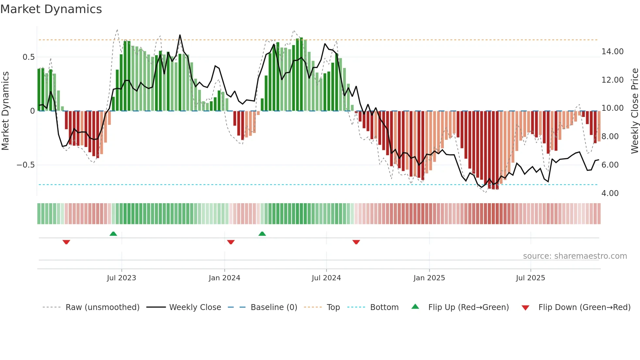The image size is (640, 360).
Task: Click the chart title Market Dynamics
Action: (x=51, y=9)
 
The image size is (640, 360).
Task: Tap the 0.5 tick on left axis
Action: (x=28, y=57)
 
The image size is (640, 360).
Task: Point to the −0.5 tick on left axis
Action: (x=25, y=165)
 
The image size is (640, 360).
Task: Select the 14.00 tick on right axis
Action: (x=612, y=52)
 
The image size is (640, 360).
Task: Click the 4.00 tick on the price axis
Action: (x=610, y=193)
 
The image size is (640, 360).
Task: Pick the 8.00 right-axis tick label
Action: (x=610, y=137)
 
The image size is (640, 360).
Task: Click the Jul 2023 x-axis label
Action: (x=121, y=278)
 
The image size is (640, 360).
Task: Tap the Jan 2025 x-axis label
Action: (x=429, y=278)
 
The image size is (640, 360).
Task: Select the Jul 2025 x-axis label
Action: (x=530, y=278)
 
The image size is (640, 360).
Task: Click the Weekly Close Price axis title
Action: (x=634, y=111)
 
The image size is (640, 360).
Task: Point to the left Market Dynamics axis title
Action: (x=5, y=111)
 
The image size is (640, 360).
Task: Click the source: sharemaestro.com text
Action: (x=575, y=256)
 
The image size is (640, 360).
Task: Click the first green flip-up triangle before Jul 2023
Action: (x=113, y=234)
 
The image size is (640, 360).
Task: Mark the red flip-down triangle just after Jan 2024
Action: (x=231, y=242)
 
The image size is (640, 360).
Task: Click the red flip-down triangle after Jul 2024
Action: (x=356, y=242)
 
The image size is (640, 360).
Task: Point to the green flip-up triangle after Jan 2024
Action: (x=262, y=234)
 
